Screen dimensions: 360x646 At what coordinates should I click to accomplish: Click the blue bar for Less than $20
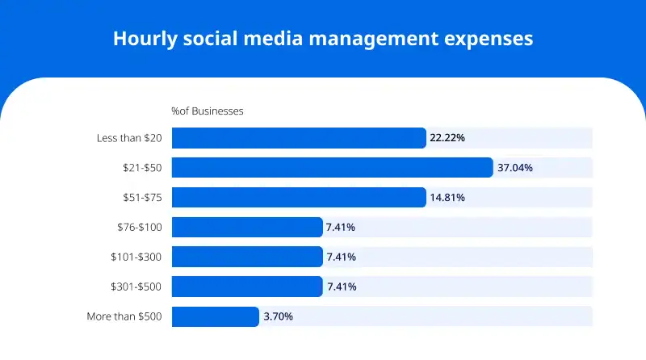[298, 138]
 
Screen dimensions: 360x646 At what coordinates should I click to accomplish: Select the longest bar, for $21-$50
[332, 168]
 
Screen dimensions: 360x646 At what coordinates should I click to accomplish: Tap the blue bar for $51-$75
[298, 197]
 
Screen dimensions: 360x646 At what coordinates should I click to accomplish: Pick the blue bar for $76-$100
[246, 227]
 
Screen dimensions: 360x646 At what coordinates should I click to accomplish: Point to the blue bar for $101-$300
[246, 257]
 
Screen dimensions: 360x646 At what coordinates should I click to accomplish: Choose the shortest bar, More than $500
[215, 316]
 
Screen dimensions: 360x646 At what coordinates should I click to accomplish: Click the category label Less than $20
[128, 138]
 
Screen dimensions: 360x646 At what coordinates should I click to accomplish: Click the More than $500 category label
[124, 316]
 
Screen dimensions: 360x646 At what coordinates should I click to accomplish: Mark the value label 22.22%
[447, 138]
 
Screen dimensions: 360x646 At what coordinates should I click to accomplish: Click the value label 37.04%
[514, 168]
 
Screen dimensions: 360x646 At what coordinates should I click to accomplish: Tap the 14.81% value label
[447, 198]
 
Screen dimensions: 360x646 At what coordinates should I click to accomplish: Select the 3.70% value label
[278, 316]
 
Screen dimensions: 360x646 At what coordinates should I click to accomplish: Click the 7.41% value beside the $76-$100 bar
[340, 228]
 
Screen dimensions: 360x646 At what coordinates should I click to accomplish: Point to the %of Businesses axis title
[207, 111]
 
